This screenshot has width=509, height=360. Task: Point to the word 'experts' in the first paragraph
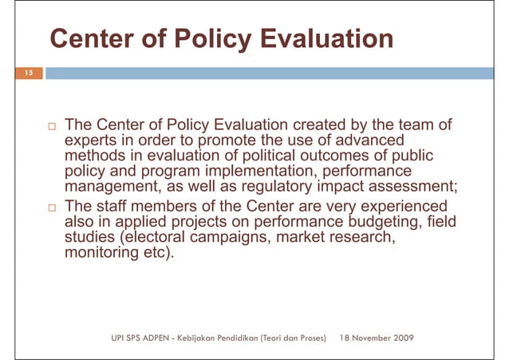click(91, 140)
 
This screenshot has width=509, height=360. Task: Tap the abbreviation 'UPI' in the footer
click(119, 338)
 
